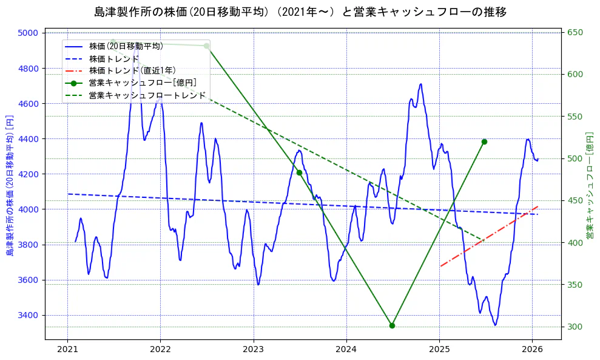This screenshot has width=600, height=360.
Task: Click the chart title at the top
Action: point(300,12)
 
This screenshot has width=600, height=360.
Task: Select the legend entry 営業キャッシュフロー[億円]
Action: point(142,83)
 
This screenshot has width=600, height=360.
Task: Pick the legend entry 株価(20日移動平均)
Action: point(126,46)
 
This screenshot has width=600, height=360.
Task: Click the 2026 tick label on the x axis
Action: point(532,350)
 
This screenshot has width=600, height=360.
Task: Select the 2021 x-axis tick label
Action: point(67,350)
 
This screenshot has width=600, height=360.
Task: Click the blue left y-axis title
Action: point(10,185)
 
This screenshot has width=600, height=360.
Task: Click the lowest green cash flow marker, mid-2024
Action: point(392,325)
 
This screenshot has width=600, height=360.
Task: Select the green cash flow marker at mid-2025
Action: point(484,141)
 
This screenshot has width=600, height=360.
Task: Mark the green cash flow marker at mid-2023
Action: point(299,172)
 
